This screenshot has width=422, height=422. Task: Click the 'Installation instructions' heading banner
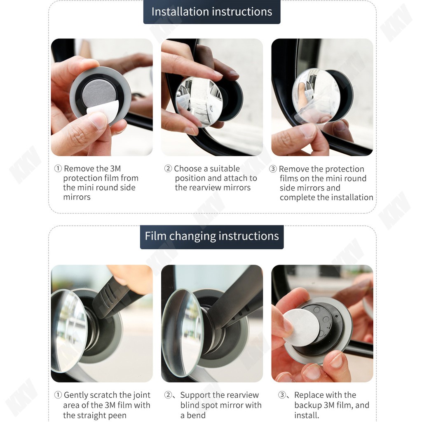click(212, 12)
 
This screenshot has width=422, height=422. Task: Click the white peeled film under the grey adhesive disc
click(103, 113)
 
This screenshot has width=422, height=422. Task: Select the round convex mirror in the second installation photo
click(199, 101)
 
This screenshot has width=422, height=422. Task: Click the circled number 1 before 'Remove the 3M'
click(58, 169)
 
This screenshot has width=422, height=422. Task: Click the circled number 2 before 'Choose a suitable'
click(168, 169)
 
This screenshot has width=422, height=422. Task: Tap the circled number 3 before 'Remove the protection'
click(273, 169)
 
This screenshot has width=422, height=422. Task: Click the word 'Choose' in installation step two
click(188, 169)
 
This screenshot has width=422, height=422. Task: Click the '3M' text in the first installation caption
click(115, 169)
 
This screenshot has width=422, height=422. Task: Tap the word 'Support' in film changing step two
click(195, 395)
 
